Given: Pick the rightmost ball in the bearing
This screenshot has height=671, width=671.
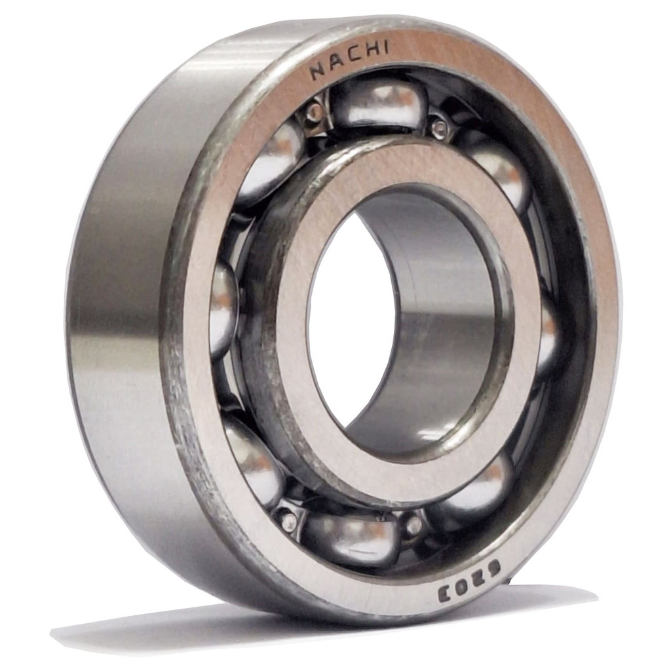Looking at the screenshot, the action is click(x=548, y=338).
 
